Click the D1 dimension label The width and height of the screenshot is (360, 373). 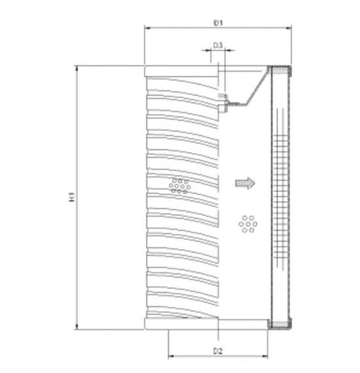click(218, 24)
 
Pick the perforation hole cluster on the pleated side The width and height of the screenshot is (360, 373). click(179, 185)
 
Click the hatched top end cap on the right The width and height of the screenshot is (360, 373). click(281, 71)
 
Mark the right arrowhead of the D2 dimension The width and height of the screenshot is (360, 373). click(267, 342)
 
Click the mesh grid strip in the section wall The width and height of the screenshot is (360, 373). click(281, 196)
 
